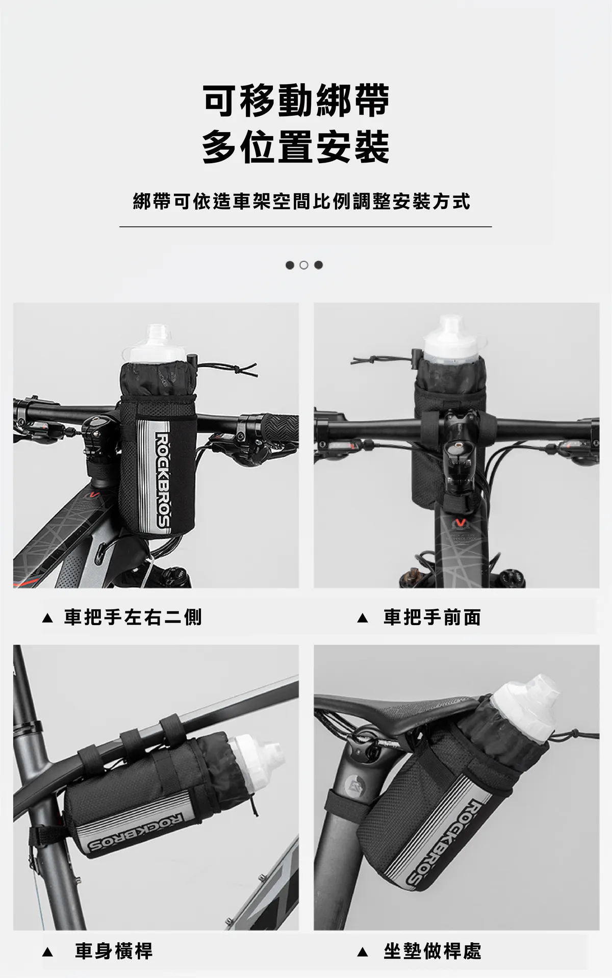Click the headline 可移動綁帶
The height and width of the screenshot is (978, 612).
click(x=296, y=101)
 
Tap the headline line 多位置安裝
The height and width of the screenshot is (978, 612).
click(x=296, y=147)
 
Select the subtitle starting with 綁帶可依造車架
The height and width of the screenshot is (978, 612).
click(x=301, y=201)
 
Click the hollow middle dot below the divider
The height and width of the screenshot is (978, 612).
click(x=304, y=265)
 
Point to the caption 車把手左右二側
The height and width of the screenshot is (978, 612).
click(x=133, y=617)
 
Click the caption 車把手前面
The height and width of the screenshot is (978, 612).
click(x=432, y=617)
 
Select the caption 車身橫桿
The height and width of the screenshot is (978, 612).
click(x=114, y=951)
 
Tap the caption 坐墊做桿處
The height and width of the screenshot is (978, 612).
click(x=432, y=951)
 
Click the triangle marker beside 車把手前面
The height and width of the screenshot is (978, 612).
click(x=363, y=618)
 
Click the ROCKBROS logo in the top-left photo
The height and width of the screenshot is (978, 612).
click(x=162, y=480)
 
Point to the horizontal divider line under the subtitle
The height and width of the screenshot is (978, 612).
click(x=306, y=226)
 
